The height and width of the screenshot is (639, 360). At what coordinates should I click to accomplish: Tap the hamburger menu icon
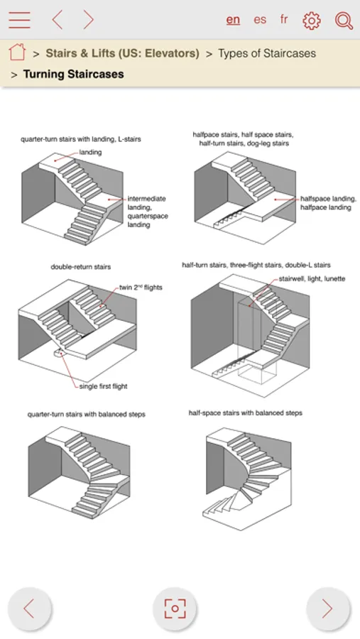coord(19,20)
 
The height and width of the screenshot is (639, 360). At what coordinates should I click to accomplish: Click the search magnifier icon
coord(344,20)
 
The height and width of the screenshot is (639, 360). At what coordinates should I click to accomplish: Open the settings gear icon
coord(312,20)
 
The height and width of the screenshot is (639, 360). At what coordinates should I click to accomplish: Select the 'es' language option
coord(260,20)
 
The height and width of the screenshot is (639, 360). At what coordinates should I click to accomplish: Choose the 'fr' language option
coord(284,19)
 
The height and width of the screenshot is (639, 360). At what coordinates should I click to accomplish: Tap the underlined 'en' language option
coord(233,20)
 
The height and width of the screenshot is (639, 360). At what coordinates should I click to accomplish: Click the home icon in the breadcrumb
coord(17,52)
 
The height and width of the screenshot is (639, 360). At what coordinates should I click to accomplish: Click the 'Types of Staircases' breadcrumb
coord(267,53)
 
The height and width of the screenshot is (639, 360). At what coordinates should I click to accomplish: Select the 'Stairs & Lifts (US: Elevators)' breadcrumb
coord(122,53)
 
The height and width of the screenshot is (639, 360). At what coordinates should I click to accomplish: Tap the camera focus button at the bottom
coord(175,608)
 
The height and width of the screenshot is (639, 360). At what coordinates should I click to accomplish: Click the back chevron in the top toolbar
coord(58,20)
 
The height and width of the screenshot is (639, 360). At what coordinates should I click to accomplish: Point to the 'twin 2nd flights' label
coord(141,288)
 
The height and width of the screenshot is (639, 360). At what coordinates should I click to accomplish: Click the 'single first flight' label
coord(103,386)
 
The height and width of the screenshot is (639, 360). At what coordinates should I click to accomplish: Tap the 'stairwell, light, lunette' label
coord(312,279)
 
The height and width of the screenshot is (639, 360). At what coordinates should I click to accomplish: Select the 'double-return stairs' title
coord(81,267)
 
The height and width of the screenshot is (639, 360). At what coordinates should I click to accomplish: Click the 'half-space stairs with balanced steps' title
coord(246,413)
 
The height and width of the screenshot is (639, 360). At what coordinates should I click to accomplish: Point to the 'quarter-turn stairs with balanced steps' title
coord(87,415)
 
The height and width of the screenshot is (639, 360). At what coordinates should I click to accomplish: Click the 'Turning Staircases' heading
coord(73,74)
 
